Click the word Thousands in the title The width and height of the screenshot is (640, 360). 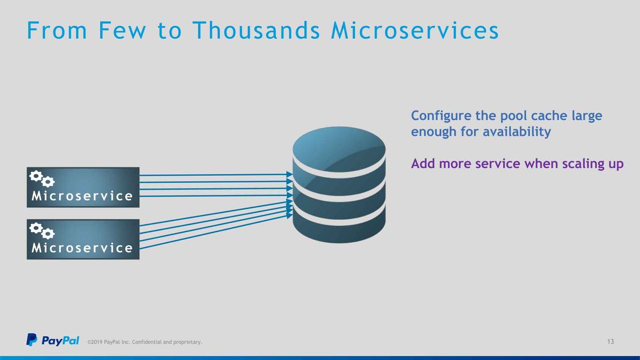tap(256, 30)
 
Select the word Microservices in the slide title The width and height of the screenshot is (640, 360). tap(415, 30)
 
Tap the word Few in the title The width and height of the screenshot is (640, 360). tap(123, 30)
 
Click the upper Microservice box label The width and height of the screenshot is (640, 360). tap(82, 196)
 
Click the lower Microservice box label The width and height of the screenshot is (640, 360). tap(82, 248)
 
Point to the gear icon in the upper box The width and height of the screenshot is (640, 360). tap(42, 179)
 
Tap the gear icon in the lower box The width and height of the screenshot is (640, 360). tap(42, 231)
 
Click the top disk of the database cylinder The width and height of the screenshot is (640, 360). tap(339, 149)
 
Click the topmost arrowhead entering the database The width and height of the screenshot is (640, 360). tap(289, 174)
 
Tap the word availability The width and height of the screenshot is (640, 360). tap(517, 132)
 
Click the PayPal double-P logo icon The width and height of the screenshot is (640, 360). tap(32, 340)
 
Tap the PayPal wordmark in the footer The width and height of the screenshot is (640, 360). tap(60, 341)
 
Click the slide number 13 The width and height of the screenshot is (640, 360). tap(610, 342)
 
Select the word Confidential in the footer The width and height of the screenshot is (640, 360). tap(147, 342)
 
